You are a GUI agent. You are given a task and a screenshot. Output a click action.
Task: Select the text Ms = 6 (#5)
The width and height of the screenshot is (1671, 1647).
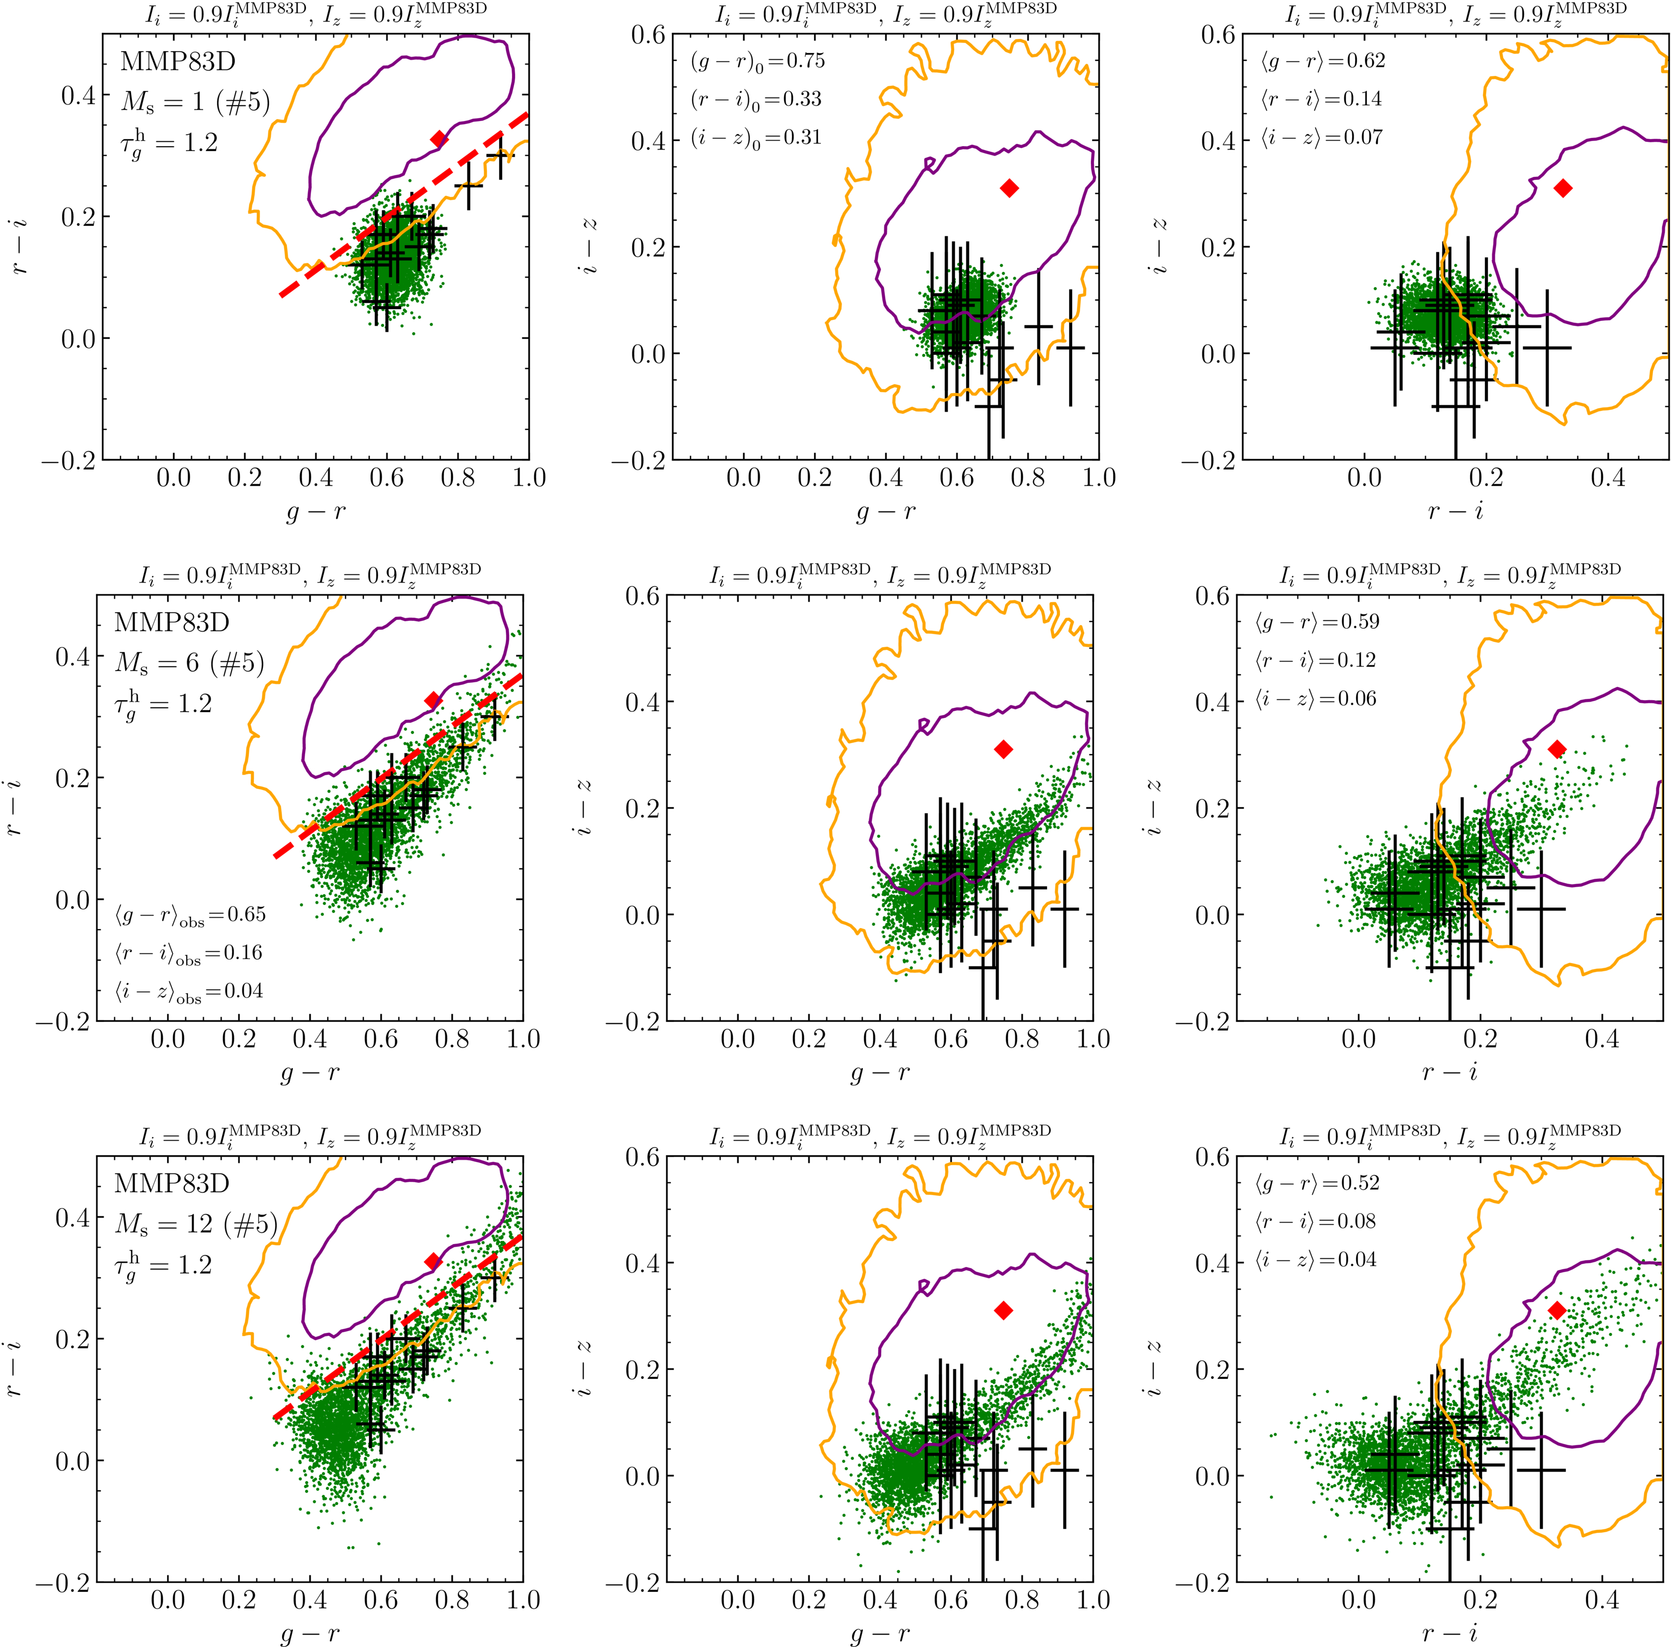(x=190, y=663)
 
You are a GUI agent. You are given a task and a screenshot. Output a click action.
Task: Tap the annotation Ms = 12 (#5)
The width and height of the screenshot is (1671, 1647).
(x=196, y=1224)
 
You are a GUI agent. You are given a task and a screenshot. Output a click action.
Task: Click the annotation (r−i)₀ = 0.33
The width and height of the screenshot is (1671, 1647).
(x=756, y=100)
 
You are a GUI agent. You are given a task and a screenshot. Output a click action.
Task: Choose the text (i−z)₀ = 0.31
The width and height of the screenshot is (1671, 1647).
(x=756, y=137)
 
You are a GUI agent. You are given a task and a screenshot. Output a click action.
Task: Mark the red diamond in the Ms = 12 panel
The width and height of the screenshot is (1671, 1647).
(x=433, y=1261)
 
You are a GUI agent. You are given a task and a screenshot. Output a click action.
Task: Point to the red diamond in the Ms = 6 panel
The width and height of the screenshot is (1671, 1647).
(x=433, y=700)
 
